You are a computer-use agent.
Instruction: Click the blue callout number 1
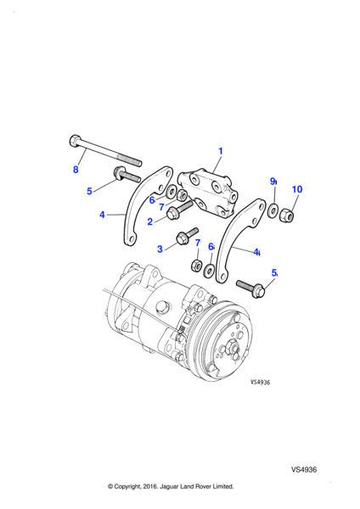pyautogui.click(x=221, y=151)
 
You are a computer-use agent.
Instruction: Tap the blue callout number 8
pyautogui.click(x=76, y=170)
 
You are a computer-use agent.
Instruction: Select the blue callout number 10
pyautogui.click(x=297, y=189)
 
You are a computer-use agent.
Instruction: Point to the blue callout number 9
pyautogui.click(x=273, y=182)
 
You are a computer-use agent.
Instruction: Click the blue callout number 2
pyautogui.click(x=149, y=221)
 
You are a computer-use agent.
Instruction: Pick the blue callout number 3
pyautogui.click(x=160, y=249)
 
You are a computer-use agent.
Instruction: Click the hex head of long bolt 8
pyautogui.click(x=75, y=141)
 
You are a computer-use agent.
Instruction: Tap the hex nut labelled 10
pyautogui.click(x=287, y=215)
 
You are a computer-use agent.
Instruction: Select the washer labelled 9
pyautogui.click(x=273, y=210)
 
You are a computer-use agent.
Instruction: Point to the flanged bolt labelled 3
pyautogui.click(x=187, y=236)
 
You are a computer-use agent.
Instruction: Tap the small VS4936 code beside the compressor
pyautogui.click(x=261, y=382)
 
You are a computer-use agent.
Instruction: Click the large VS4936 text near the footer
pyautogui.click(x=304, y=469)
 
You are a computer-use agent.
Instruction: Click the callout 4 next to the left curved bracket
pyautogui.click(x=103, y=215)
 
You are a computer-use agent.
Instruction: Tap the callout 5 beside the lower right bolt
pyautogui.click(x=274, y=273)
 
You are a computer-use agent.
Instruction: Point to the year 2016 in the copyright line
pyautogui.click(x=149, y=487)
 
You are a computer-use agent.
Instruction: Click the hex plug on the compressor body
pyautogui.click(x=161, y=307)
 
